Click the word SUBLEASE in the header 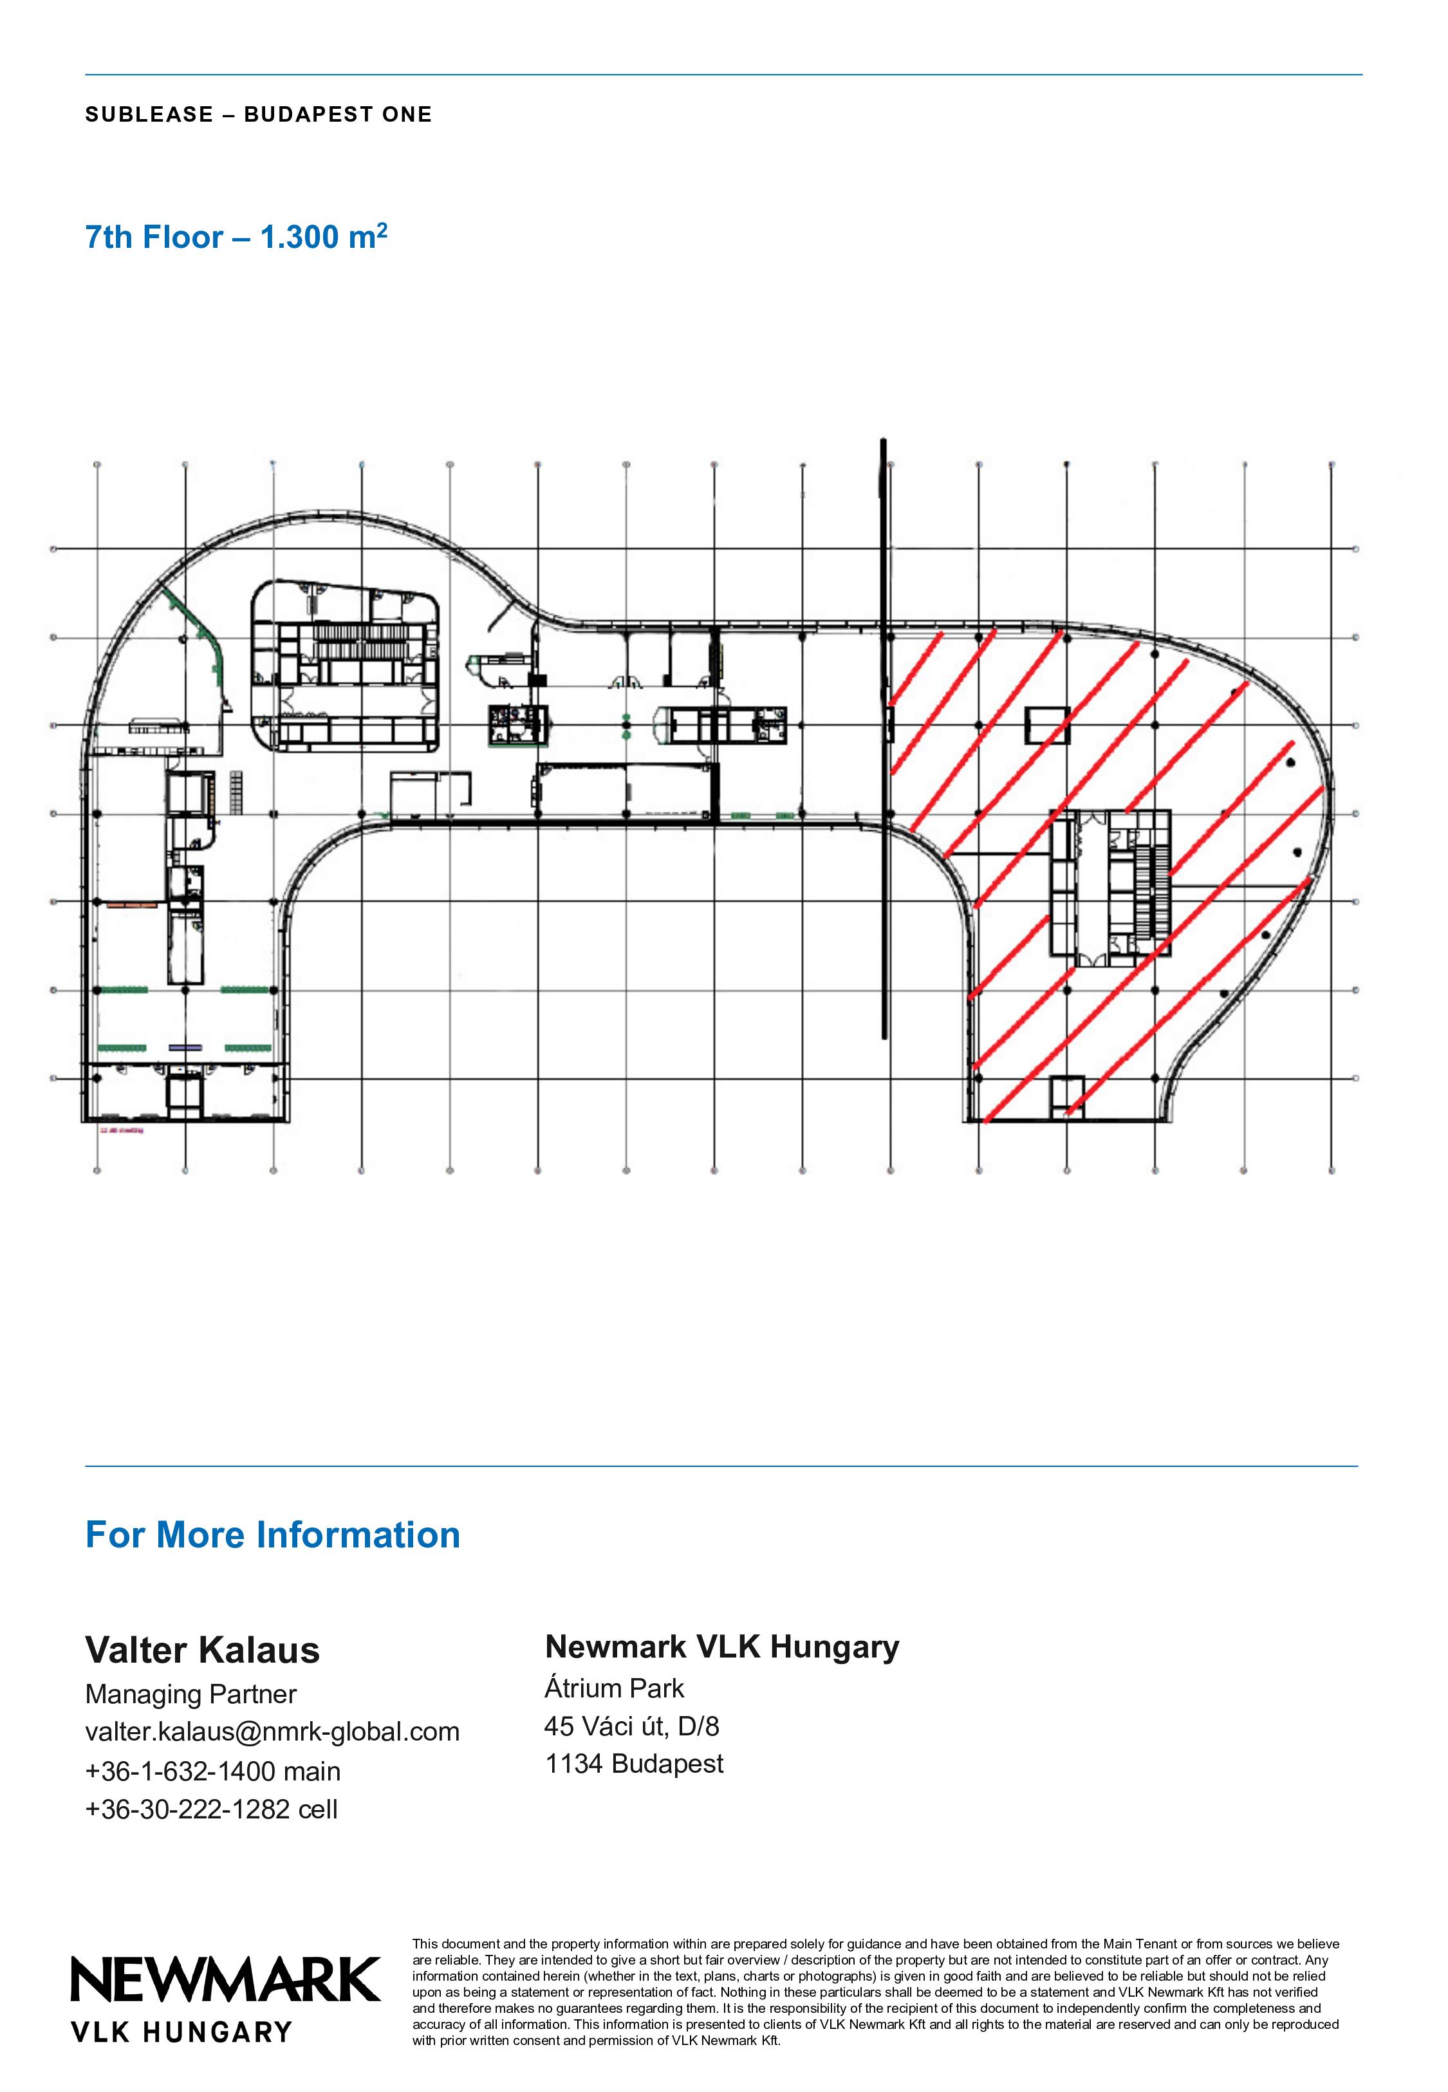click(x=150, y=115)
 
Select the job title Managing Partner click(x=191, y=1694)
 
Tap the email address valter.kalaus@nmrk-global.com click(x=272, y=1732)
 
